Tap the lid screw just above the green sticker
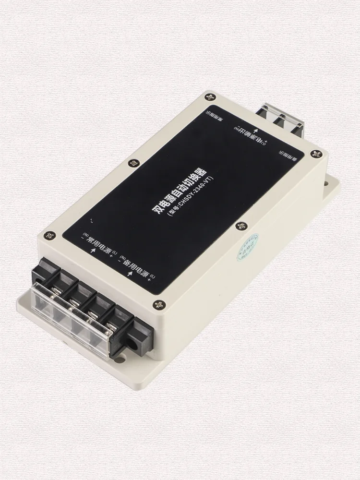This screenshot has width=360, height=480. coord(238,224)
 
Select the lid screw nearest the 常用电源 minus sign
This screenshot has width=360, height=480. coord(47,235)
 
